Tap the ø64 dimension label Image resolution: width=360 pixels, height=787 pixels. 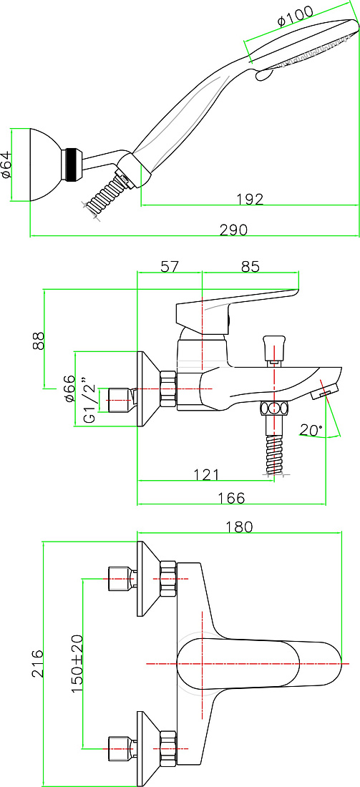click(x=6, y=165)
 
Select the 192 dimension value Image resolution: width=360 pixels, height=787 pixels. click(x=250, y=200)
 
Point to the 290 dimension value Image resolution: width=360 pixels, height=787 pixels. click(x=233, y=230)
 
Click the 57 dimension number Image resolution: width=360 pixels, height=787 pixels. click(x=170, y=267)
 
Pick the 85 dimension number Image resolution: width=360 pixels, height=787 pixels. click(x=250, y=267)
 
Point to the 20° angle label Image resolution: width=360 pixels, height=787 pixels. click(x=311, y=430)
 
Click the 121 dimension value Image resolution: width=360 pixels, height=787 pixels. click(x=206, y=474)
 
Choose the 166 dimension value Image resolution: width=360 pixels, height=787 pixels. click(x=231, y=498)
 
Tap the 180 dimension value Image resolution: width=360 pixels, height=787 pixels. click(x=238, y=527)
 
